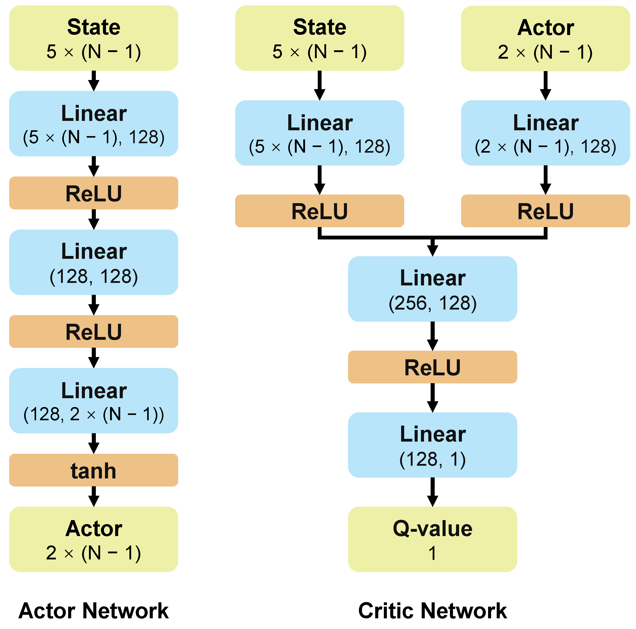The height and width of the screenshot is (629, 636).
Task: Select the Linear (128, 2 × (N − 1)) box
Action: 94,400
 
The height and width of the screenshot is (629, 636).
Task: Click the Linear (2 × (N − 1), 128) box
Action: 545,133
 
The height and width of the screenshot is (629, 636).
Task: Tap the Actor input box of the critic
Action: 545,38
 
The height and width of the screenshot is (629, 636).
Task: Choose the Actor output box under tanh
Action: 94,539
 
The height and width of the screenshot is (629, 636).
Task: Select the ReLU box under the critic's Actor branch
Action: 545,211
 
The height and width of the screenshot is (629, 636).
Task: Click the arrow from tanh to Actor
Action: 94,496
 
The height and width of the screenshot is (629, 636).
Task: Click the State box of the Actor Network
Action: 94,38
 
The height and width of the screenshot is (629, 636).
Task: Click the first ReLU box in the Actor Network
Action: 94,193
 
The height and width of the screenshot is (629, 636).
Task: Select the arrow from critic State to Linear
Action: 319,86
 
